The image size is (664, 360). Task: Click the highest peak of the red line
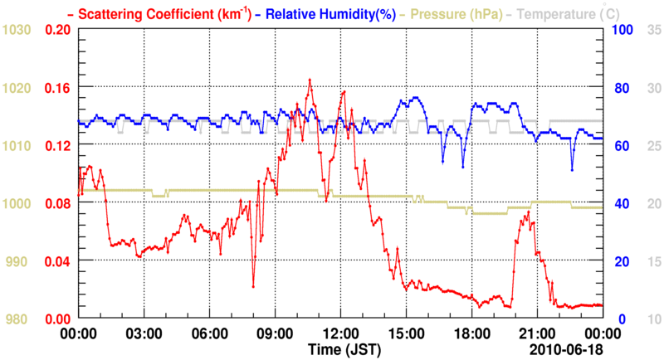click(x=310, y=80)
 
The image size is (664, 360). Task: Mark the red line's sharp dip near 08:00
click(x=253, y=287)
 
